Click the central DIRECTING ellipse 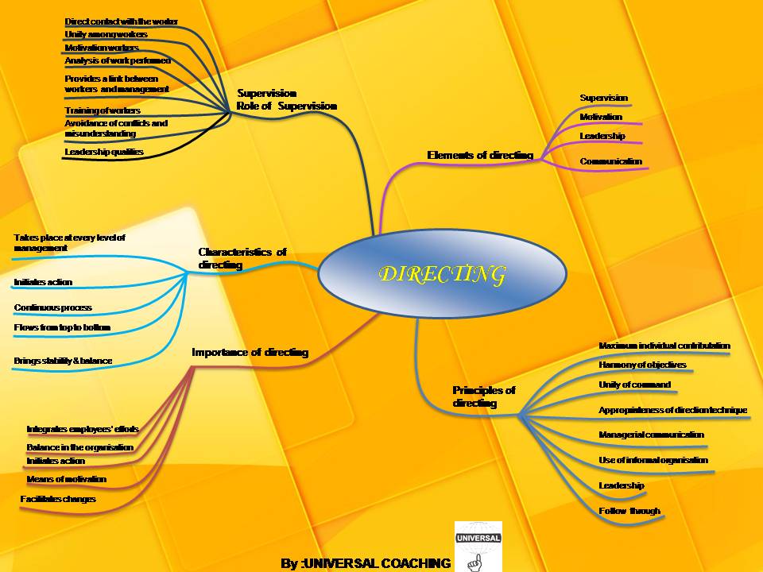(x=442, y=274)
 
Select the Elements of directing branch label (x=480, y=156)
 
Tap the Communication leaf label (x=610, y=161)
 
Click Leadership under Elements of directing (x=602, y=136)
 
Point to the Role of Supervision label (x=287, y=106)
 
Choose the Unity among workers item (x=106, y=35)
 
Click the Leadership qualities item (x=104, y=151)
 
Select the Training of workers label (x=103, y=110)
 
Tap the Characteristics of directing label (x=242, y=258)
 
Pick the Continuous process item (x=52, y=307)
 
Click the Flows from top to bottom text (x=62, y=327)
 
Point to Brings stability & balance (x=63, y=361)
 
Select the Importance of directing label (x=250, y=352)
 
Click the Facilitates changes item (x=58, y=499)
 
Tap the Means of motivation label (x=66, y=479)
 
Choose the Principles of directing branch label (x=483, y=396)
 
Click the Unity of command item (x=634, y=385)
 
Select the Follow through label (x=629, y=511)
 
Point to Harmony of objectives (x=641, y=365)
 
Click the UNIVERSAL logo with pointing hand (x=477, y=547)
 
